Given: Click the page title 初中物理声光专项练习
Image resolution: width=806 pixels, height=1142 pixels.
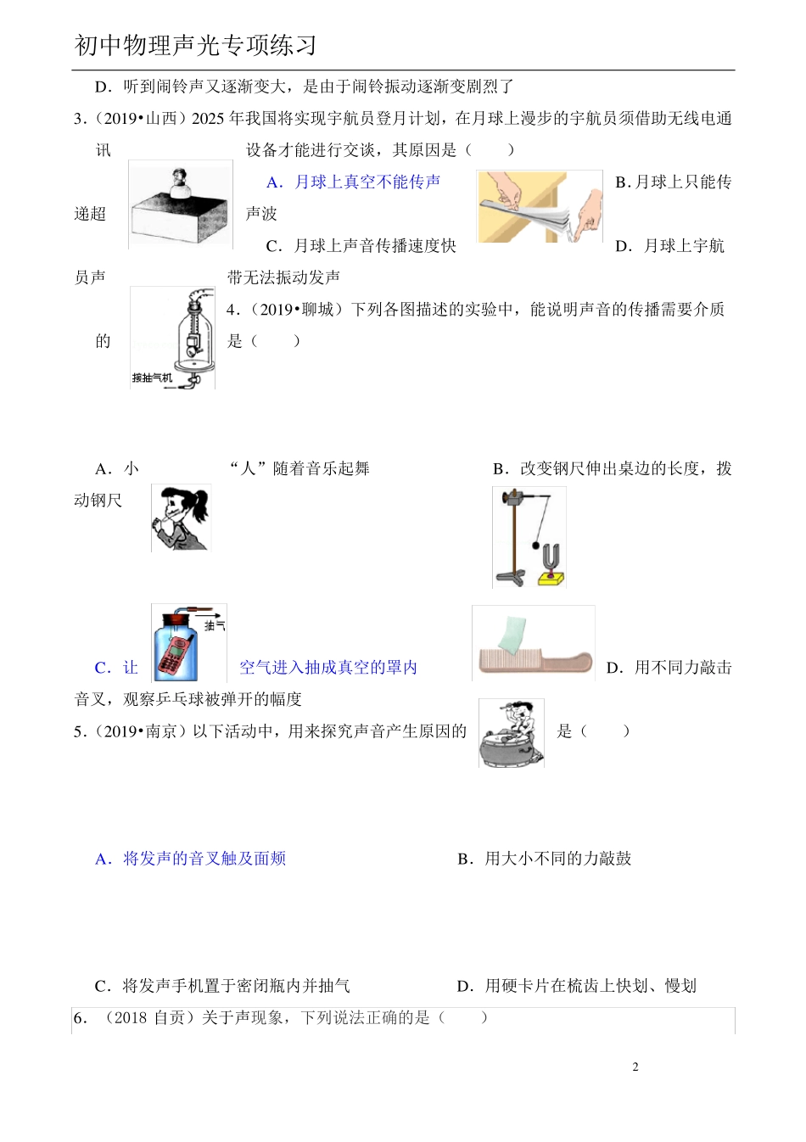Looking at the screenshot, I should tap(195, 45).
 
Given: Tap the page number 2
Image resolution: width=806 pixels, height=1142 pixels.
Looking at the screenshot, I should tap(635, 1067).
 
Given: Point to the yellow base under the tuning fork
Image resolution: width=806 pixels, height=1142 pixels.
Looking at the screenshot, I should tap(551, 579).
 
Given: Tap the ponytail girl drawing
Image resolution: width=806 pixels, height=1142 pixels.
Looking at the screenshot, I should tap(181, 518).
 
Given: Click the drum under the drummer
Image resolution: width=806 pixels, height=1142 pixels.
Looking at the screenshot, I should tap(511, 750).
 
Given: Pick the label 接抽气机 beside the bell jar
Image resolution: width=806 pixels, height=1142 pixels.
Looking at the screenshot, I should tap(152, 378).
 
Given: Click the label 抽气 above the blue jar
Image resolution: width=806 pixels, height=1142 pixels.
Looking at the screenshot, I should tap(215, 625).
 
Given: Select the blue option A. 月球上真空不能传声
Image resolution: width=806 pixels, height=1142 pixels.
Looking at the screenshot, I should tap(353, 182).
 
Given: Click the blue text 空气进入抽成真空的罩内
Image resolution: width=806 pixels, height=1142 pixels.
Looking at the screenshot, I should tap(328, 668).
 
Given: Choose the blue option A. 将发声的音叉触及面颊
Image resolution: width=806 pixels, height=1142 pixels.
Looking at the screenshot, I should tap(191, 859).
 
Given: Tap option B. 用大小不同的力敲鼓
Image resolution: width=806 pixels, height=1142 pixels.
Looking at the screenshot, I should tap(545, 859).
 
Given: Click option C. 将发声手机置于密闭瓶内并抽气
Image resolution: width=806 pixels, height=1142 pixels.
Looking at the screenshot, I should tap(222, 986).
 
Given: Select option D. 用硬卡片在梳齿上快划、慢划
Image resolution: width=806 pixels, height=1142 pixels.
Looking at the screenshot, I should tap(577, 986).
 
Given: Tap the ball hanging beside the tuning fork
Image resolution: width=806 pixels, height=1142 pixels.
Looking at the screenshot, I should tap(536, 545).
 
